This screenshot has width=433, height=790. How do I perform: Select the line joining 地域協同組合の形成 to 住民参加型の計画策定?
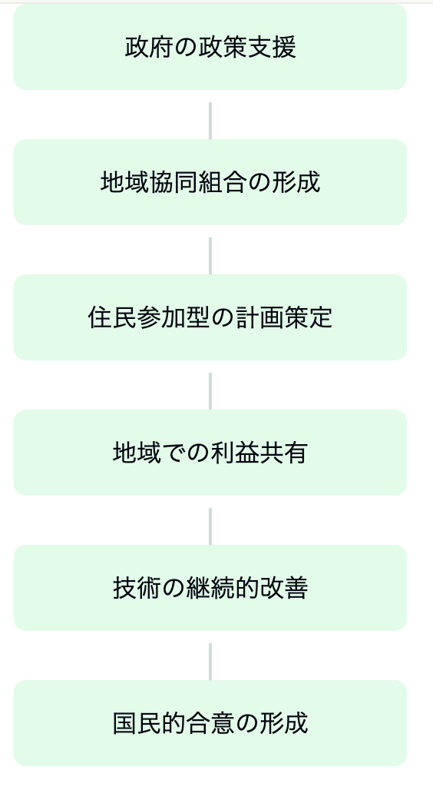click(x=210, y=256)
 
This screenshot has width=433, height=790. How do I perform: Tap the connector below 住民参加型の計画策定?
click(x=210, y=391)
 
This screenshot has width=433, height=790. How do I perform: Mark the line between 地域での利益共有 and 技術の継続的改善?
click(x=210, y=526)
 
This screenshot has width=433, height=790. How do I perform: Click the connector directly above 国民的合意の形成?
click(x=210, y=662)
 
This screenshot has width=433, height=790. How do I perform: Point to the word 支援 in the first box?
click(x=273, y=48)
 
